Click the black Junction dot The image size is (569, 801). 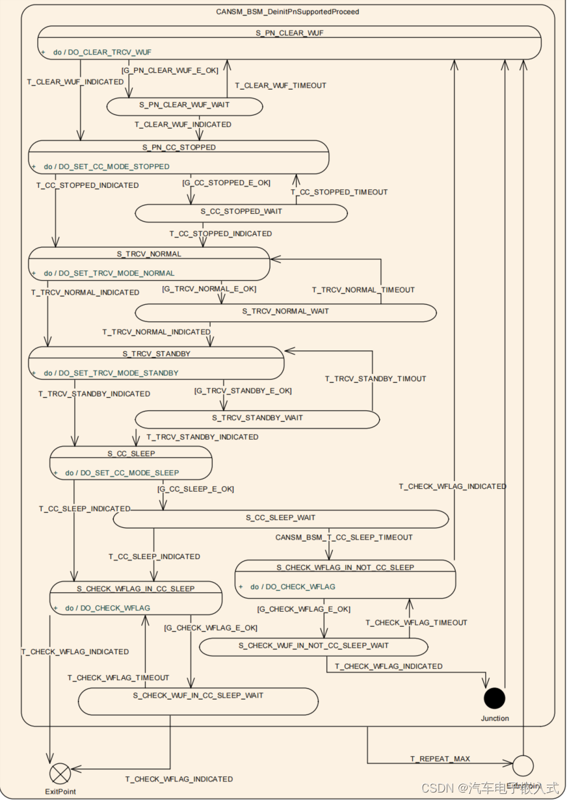click(x=494, y=698)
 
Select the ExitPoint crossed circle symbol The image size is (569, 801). click(x=60, y=774)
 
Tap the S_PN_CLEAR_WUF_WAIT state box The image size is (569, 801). click(x=185, y=105)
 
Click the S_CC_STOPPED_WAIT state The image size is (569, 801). click(x=241, y=211)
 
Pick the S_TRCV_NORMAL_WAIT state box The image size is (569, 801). click(x=285, y=311)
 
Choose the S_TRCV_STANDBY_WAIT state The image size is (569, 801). click(x=257, y=418)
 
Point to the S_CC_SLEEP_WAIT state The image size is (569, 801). click(x=280, y=518)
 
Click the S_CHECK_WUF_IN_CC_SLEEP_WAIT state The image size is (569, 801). click(x=198, y=696)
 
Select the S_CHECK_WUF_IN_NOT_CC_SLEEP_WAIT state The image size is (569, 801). click(x=313, y=646)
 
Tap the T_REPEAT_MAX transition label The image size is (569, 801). click(x=440, y=759)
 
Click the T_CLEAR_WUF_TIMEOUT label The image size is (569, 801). click(x=280, y=85)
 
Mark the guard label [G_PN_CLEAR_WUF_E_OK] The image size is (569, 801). click(x=170, y=70)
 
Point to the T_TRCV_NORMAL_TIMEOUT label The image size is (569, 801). click(x=363, y=290)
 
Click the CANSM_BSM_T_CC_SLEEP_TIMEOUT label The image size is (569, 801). click(x=344, y=538)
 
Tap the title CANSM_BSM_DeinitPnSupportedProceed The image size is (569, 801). click(x=287, y=12)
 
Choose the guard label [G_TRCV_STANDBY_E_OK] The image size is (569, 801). click(x=243, y=391)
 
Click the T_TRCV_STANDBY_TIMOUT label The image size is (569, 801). click(x=375, y=378)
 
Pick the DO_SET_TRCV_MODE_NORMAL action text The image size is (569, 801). click(x=118, y=273)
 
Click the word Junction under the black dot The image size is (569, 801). click(x=495, y=718)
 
